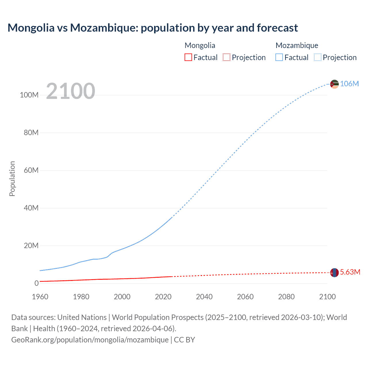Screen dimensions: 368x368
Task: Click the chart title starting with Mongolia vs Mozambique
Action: (153, 28)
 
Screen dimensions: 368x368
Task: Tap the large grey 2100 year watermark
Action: (70, 91)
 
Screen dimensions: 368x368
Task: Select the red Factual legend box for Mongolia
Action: (188, 57)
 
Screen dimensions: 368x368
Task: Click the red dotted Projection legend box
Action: (227, 57)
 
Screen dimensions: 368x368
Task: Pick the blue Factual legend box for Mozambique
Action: (279, 57)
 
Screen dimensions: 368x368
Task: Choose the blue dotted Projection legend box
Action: (317, 57)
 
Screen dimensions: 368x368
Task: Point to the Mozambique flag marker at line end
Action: (334, 84)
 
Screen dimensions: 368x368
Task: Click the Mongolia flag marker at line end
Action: (334, 272)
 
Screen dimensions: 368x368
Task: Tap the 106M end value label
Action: (349, 84)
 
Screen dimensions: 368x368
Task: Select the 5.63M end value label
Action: (350, 272)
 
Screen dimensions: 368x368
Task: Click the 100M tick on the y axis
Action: (29, 95)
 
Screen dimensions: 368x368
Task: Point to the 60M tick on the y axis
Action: (31, 170)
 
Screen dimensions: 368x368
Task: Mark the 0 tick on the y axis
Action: (36, 283)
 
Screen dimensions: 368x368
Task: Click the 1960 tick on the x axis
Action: (40, 297)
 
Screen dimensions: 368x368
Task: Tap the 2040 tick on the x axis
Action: (204, 297)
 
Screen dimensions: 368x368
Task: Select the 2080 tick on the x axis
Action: (286, 297)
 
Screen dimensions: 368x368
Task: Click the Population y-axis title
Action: (12, 179)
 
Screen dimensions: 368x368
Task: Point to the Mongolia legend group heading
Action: (200, 45)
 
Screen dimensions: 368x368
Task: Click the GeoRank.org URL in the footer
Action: (90, 340)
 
